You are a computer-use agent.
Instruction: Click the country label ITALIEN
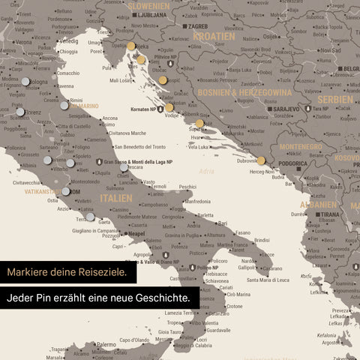[x=116, y=198]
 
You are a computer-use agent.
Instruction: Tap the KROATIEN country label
[x=213, y=36]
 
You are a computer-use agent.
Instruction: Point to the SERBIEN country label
[x=334, y=100]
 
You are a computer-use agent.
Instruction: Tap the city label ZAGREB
[x=199, y=25]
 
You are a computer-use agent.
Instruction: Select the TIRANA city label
[x=328, y=213]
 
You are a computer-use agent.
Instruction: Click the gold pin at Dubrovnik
[x=261, y=160]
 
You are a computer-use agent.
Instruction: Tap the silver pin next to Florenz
[x=20, y=112]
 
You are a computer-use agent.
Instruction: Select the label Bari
[x=222, y=223]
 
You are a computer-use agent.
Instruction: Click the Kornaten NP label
[x=141, y=109]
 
